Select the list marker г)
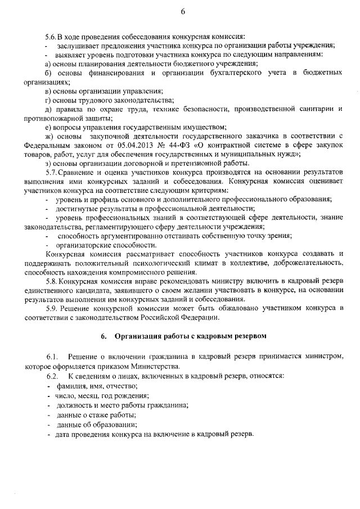coord(48,100)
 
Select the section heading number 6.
coord(103,336)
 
